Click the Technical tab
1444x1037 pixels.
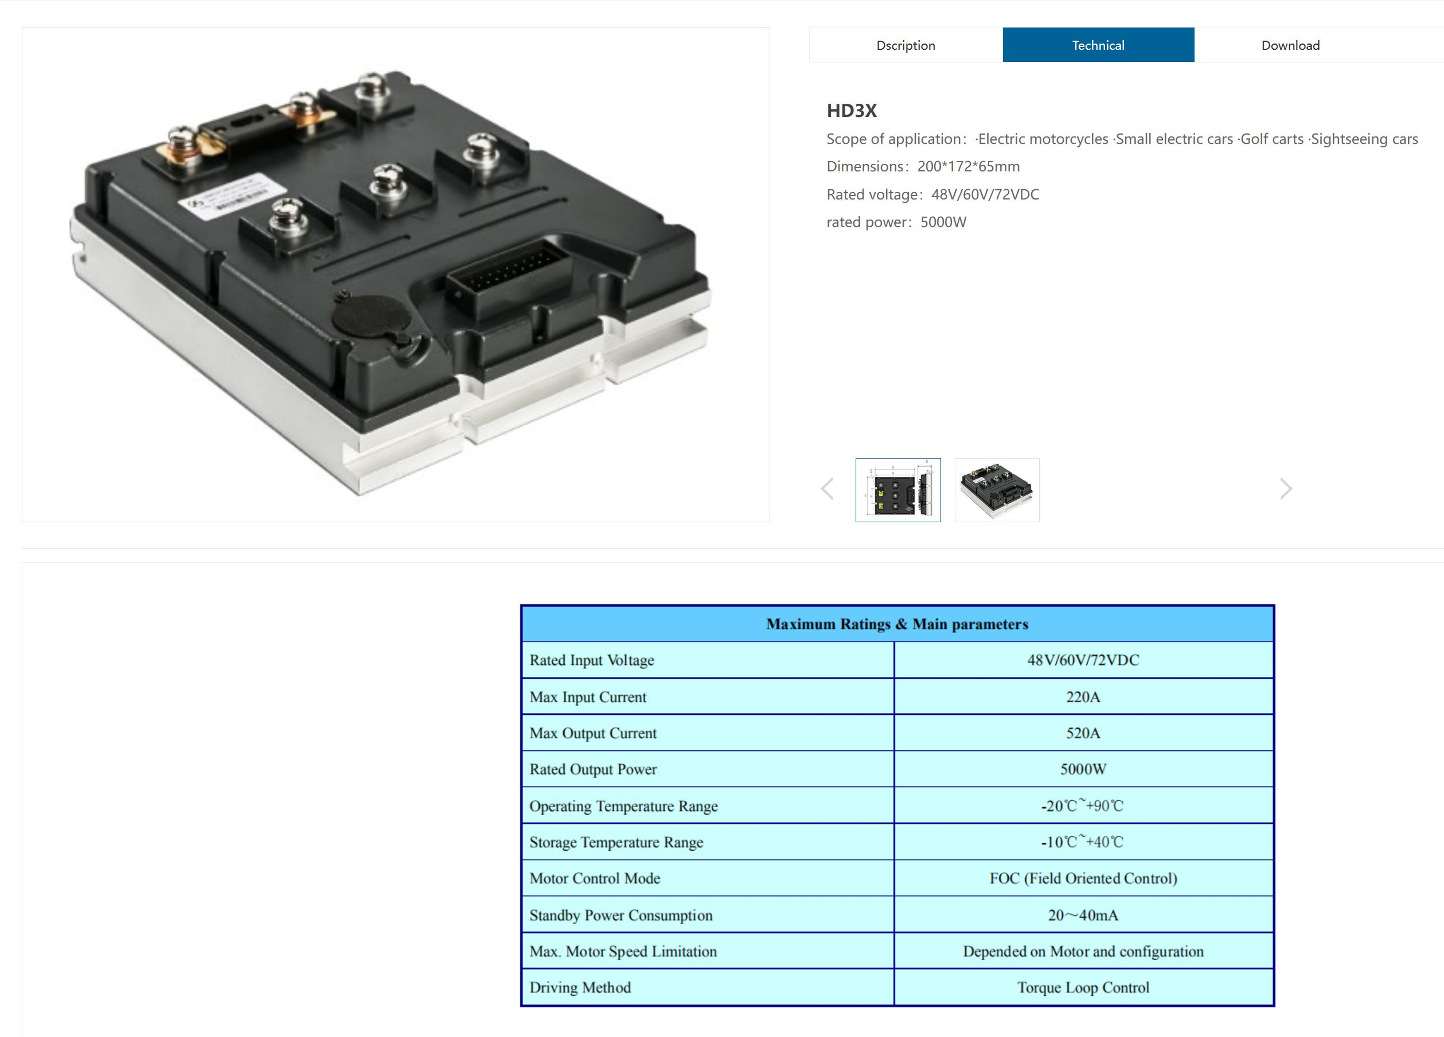pos(1098,45)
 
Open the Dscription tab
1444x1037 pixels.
pos(906,45)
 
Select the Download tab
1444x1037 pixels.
pos(1290,45)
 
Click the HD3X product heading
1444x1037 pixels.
pos(852,111)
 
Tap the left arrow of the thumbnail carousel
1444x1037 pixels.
pos(827,489)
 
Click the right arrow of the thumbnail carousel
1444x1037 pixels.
pos(1286,489)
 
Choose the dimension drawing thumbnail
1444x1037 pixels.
pos(897,490)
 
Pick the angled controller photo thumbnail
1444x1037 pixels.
pos(997,490)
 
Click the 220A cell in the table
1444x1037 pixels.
pos(1083,696)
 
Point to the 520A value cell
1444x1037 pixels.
pos(1083,733)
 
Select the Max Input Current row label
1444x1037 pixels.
pos(588,697)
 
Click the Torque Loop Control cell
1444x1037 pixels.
pos(1083,987)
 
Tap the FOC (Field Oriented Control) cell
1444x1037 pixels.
pos(1083,878)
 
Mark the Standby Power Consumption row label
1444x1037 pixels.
pos(620,915)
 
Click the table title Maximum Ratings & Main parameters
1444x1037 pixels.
pos(897,624)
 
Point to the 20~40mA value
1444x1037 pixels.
pos(1083,915)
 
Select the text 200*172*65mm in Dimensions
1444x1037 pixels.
pos(969,167)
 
